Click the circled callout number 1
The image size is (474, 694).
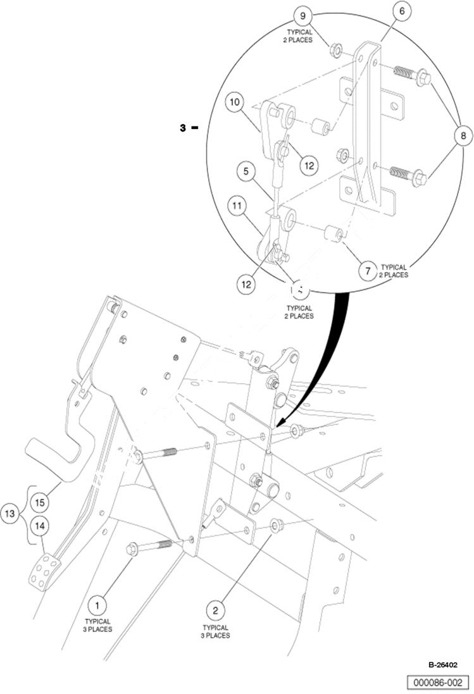pyautogui.click(x=97, y=605)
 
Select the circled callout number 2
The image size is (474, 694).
pyautogui.click(x=216, y=610)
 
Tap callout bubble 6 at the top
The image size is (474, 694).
pyautogui.click(x=402, y=11)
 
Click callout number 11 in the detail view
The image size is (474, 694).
pyautogui.click(x=237, y=206)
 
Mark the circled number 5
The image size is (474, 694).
pyautogui.click(x=246, y=171)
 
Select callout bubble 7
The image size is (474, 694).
pyautogui.click(x=368, y=271)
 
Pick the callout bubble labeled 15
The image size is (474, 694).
pyautogui.click(x=39, y=503)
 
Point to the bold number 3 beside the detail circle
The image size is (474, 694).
pyautogui.click(x=183, y=128)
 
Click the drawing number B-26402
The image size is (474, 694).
pyautogui.click(x=443, y=665)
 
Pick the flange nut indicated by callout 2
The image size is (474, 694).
pyautogui.click(x=275, y=525)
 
